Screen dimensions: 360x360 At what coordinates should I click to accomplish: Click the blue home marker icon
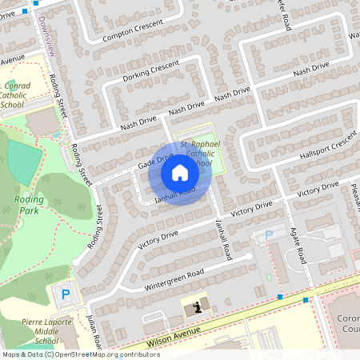(x=180, y=172)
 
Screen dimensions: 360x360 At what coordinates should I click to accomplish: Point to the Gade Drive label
(x=155, y=162)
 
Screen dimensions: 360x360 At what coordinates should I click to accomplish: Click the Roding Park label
(x=28, y=206)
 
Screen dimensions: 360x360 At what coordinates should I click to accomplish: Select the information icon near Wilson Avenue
(x=196, y=306)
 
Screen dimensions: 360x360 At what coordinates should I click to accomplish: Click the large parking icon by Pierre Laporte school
(x=66, y=294)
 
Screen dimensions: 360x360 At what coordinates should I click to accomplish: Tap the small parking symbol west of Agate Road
(x=269, y=234)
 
